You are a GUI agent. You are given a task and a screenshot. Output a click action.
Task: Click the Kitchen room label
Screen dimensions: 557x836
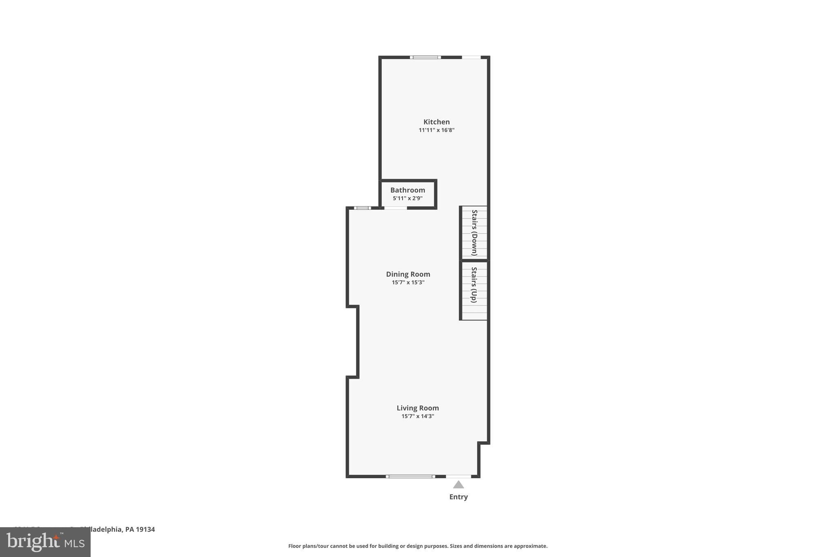tap(436, 122)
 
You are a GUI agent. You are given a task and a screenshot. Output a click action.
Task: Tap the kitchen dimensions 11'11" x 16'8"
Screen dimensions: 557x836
tap(436, 130)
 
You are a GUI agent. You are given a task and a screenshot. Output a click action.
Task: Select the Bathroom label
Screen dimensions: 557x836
tap(407, 190)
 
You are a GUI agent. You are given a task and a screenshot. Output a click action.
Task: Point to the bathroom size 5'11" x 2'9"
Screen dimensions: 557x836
tap(407, 198)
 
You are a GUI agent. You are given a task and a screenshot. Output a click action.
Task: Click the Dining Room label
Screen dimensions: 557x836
tap(408, 274)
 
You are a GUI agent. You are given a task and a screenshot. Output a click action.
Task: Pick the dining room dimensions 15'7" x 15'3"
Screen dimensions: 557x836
tap(408, 282)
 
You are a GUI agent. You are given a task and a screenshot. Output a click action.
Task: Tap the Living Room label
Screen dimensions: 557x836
tap(418, 408)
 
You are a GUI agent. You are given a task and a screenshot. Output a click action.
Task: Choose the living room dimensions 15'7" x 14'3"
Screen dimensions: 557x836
tap(418, 416)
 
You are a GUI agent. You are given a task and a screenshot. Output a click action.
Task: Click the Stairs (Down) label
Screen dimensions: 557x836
tap(474, 233)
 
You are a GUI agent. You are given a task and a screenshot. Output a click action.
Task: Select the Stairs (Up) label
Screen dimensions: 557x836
tap(474, 285)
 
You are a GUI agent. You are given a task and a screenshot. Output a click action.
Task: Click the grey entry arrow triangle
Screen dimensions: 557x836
tap(458, 485)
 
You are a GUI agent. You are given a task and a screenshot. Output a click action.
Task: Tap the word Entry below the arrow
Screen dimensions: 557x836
tap(458, 497)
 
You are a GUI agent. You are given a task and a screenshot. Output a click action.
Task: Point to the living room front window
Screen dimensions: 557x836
tap(410, 476)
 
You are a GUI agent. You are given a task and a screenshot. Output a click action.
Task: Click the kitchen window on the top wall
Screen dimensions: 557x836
tap(425, 57)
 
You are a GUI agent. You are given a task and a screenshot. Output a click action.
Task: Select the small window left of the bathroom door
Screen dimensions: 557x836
tap(362, 208)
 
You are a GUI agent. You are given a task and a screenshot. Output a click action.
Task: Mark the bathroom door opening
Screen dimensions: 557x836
tap(396, 208)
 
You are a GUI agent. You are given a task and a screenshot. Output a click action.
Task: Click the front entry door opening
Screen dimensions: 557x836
tap(458, 476)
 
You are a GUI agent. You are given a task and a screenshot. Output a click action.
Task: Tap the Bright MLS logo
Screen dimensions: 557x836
tap(45, 542)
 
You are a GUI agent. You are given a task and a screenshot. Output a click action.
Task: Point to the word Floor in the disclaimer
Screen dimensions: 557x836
tap(295, 546)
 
